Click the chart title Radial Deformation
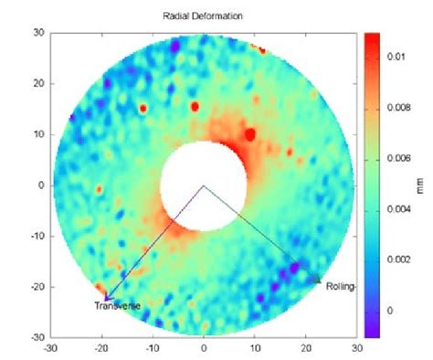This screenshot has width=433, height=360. point(203,16)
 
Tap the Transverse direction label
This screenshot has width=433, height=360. point(118,305)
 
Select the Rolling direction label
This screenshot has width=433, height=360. point(340,286)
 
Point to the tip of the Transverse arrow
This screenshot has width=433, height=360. point(104,299)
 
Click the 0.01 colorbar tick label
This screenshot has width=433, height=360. point(397,57)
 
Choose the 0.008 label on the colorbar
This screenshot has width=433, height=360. point(400,107)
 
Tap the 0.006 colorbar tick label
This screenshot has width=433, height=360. point(400,158)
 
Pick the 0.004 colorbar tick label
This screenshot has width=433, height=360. point(400,208)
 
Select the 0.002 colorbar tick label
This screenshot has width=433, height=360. point(400,259)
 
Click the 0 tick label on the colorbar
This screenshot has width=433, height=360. point(391,311)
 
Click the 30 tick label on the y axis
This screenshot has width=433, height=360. point(39,32)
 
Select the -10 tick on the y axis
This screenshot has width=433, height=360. point(37,236)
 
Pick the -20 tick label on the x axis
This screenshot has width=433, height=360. point(100,347)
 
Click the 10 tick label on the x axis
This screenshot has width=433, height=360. point(255,347)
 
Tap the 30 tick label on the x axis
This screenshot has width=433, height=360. point(356,347)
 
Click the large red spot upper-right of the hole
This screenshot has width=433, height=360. point(249,134)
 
